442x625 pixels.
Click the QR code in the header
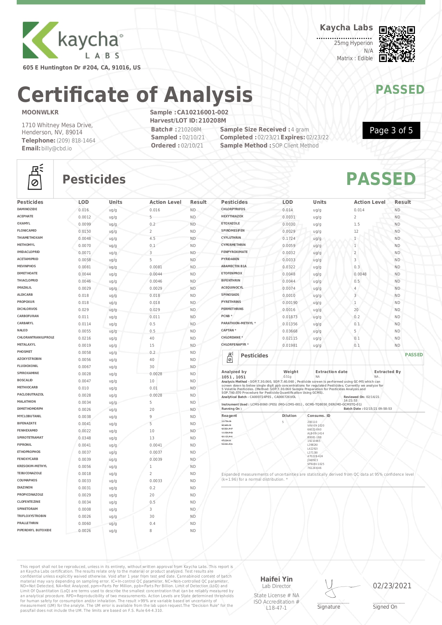click(397, 44)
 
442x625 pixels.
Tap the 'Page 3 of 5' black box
click(391, 130)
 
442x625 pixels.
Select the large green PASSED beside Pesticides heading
click(381, 179)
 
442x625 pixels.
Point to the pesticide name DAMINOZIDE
click(27, 209)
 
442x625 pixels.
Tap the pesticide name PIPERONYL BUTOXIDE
click(34, 530)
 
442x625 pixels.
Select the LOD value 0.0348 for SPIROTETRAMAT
click(84, 438)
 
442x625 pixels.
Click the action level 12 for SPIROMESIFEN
click(356, 231)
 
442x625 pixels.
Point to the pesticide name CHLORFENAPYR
click(234, 345)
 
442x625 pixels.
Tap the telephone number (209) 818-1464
click(76, 141)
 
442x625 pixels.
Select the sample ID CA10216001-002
click(202, 112)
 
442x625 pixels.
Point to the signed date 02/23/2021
click(392, 586)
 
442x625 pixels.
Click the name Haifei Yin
click(276, 579)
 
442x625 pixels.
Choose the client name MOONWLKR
click(40, 112)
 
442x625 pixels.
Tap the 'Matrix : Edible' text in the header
click(355, 58)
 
